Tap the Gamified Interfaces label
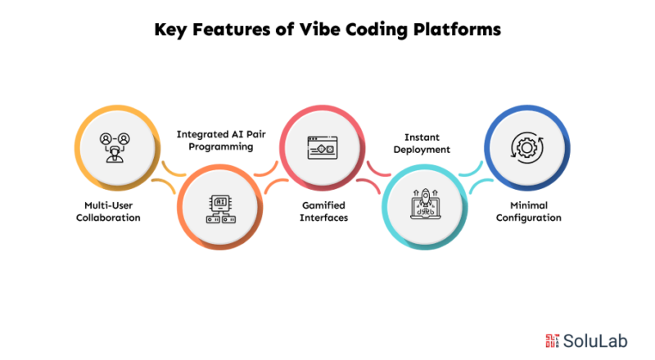(x=322, y=212)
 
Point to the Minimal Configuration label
(x=527, y=212)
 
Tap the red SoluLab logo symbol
(x=551, y=340)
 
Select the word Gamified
(x=322, y=206)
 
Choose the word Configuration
(x=527, y=218)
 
